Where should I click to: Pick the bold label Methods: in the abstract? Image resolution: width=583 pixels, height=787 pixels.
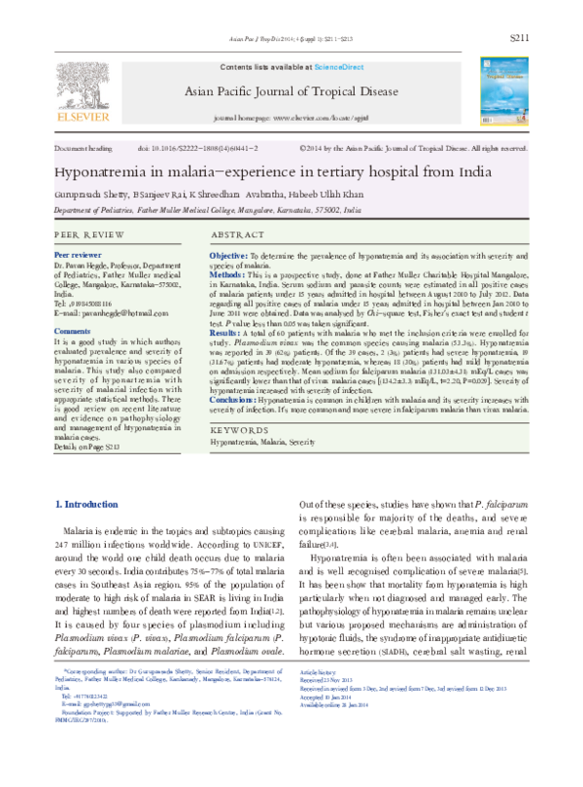tap(228, 275)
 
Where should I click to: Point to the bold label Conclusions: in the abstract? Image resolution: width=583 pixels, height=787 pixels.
tap(234, 400)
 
